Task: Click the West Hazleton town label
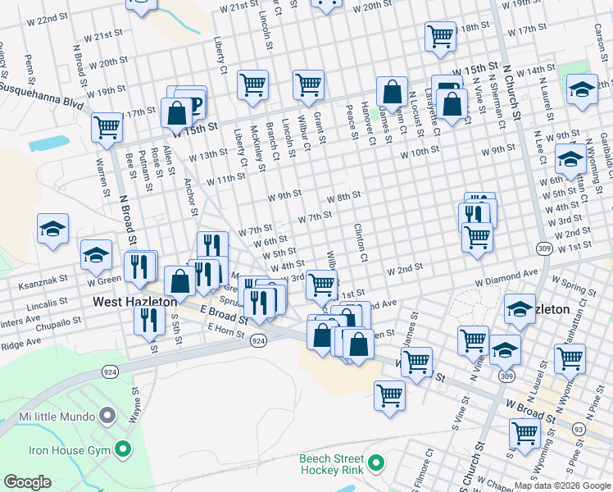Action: pos(135,302)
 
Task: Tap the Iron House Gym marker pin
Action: pos(123,449)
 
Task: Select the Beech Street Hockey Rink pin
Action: pos(376,465)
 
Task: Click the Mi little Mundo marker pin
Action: pos(107,416)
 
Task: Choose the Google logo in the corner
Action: pos(27,482)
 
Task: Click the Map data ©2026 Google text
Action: pos(562,485)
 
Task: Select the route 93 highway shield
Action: pos(579,429)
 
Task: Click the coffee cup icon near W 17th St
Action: pos(193,102)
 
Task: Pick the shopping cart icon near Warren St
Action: pos(107,128)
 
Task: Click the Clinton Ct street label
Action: pos(359,239)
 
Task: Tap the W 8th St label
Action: pos(343,198)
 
